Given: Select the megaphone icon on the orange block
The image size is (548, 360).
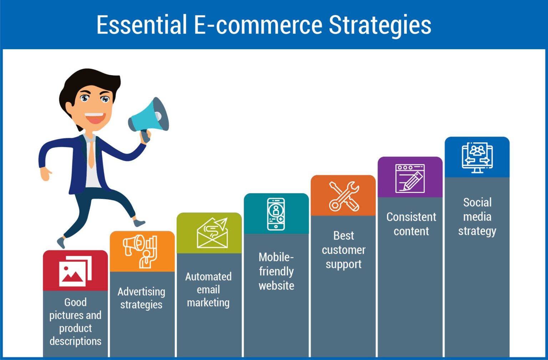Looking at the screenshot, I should [140, 251].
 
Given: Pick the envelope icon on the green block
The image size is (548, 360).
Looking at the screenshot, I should [212, 233].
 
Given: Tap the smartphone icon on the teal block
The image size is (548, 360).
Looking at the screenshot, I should [276, 214].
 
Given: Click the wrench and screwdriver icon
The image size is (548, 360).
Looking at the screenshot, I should [344, 196].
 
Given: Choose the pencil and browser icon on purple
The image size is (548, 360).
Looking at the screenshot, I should [410, 178].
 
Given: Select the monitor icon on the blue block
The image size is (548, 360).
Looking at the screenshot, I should [477, 158].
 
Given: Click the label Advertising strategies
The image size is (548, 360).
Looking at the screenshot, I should [141, 298].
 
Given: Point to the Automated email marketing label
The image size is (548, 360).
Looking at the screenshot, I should [208, 289].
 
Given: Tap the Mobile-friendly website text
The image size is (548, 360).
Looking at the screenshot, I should [276, 271].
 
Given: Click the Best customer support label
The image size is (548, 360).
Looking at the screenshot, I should [344, 250].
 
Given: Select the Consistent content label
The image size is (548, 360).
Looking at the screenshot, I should [411, 224].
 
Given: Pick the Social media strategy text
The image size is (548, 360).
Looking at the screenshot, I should [477, 217].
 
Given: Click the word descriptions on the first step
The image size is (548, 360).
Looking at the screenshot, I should [75, 341].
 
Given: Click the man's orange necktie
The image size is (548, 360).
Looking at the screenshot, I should [91, 153].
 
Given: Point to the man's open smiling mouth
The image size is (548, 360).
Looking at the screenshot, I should [95, 118].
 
